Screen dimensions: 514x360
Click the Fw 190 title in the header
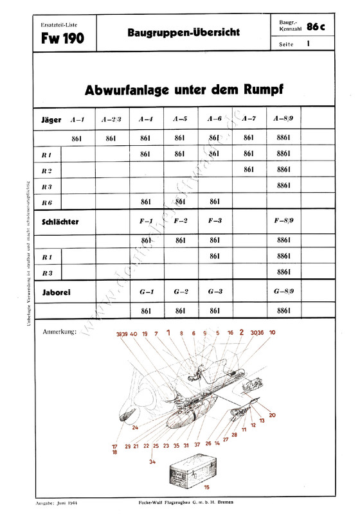point(59,39)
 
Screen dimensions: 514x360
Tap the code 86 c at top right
point(317,27)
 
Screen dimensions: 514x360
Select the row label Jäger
point(50,120)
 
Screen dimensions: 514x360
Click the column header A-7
point(249,120)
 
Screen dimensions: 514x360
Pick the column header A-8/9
point(283,120)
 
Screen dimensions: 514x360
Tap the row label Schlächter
point(59,221)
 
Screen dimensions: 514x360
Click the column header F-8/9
point(283,222)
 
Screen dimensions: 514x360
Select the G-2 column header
point(180,291)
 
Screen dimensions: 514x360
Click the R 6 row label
point(46,202)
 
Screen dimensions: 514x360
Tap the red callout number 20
point(272,415)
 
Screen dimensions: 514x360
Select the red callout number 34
point(152,461)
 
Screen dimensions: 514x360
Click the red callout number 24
point(135,427)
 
